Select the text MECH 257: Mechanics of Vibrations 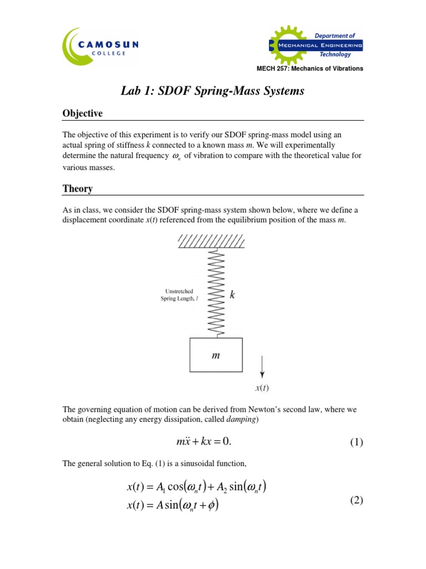point(310,68)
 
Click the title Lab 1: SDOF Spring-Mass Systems point(213,91)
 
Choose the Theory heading point(77,189)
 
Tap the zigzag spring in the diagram point(216,292)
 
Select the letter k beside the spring point(232,296)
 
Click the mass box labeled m point(216,355)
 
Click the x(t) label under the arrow point(263,388)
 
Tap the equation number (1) point(356,443)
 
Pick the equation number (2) point(356,500)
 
